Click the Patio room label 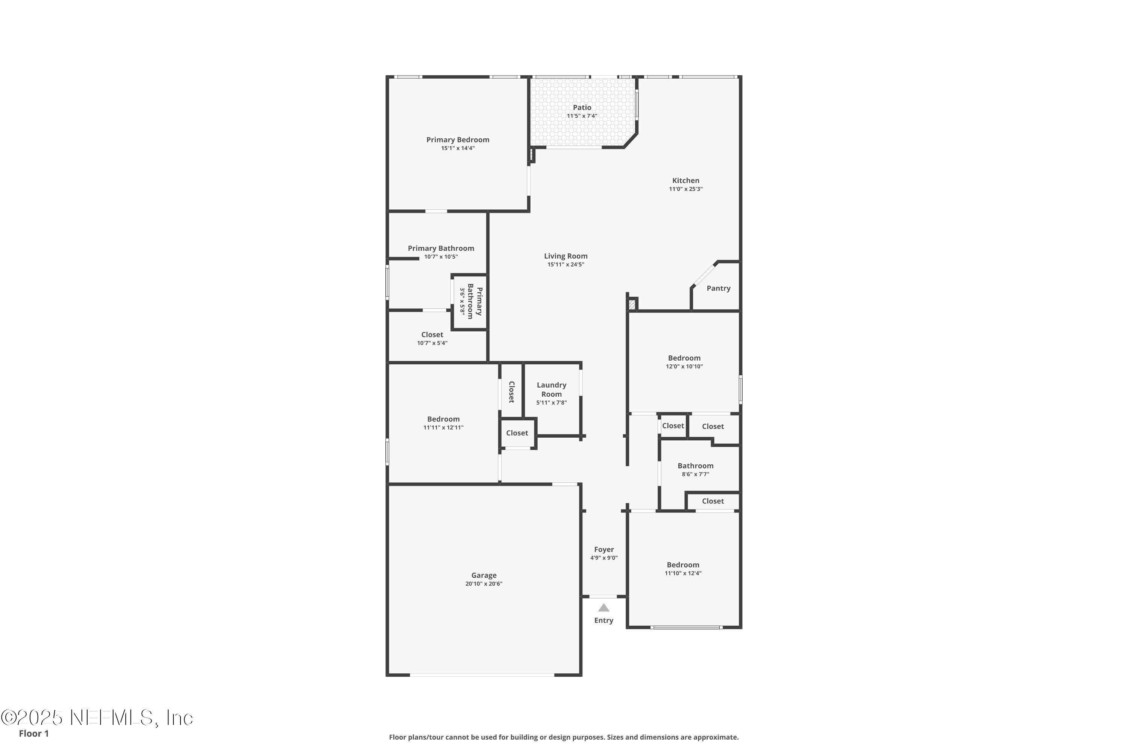(582, 108)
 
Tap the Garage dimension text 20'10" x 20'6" (484, 584)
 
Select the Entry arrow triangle (603, 608)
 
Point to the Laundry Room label (552, 390)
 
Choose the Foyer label (604, 550)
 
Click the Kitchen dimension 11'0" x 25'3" (686, 189)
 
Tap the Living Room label (566, 256)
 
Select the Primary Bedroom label (458, 139)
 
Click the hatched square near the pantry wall (632, 304)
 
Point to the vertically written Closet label (511, 392)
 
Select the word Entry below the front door (603, 620)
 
